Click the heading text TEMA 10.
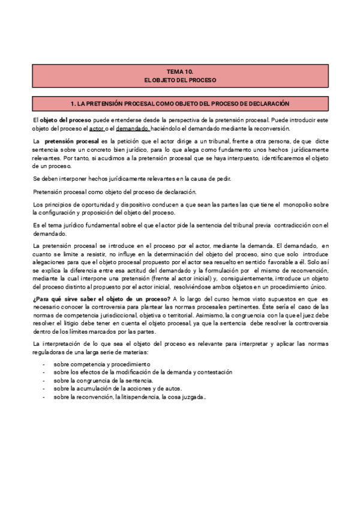pyautogui.click(x=180, y=71)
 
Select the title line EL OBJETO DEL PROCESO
pyautogui.click(x=180, y=80)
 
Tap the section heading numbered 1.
pyautogui.click(x=180, y=104)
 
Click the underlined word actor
pyautogui.click(x=96, y=128)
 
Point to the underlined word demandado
pyautogui.click(x=133, y=128)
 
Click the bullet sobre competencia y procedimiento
pyautogui.click(x=101, y=364)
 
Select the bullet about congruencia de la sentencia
pyautogui.click(x=103, y=381)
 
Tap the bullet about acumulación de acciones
pyautogui.click(x=109, y=389)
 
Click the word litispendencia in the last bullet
pyautogui.click(x=140, y=397)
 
